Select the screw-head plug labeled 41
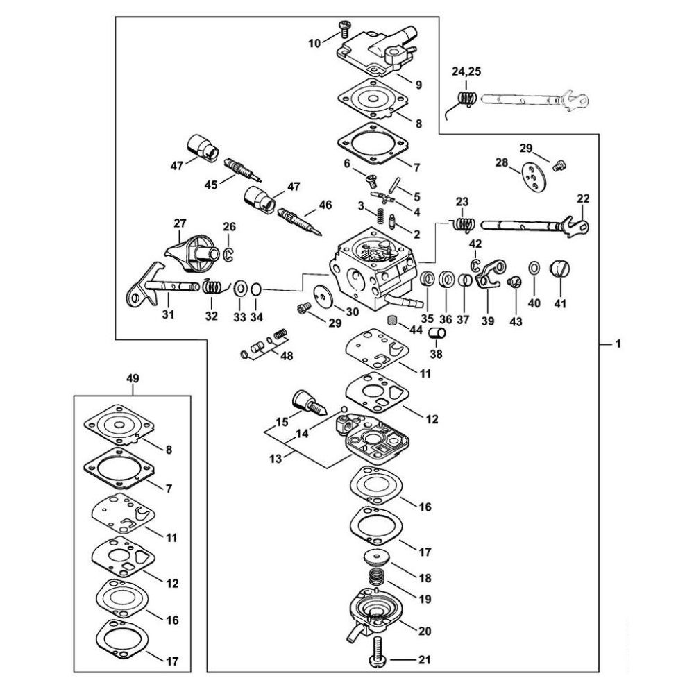(559, 269)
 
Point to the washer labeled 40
(534, 268)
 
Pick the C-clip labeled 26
(229, 255)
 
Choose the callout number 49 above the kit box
(133, 378)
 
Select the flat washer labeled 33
(240, 289)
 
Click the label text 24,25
(466, 71)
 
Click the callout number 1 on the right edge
(618, 343)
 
